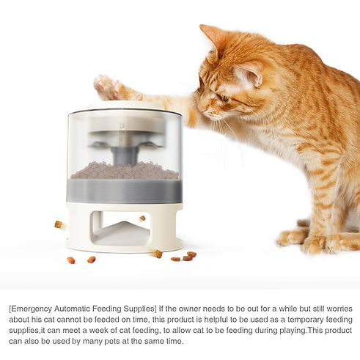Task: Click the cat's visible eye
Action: (x=224, y=98)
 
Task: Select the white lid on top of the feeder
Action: (x=125, y=105)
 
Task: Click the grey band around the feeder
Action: (x=125, y=191)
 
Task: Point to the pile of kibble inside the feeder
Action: (x=125, y=170)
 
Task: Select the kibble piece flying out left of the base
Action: (x=59, y=224)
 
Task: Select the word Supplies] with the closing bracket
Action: (x=140, y=309)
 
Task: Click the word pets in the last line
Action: (x=112, y=341)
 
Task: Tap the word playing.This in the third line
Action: (x=276, y=331)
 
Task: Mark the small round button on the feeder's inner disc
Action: (x=122, y=126)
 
